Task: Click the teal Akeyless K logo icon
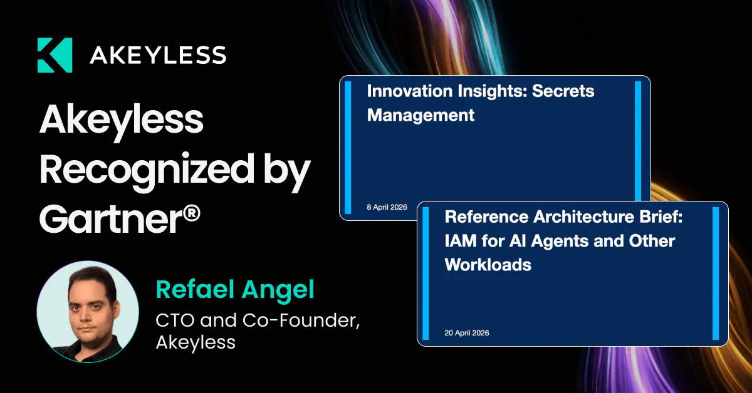(x=55, y=55)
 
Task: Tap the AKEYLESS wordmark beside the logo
(x=158, y=55)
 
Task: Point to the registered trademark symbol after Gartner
(x=192, y=213)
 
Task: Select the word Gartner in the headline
(x=111, y=219)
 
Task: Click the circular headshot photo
(x=88, y=312)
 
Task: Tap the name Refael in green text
(x=195, y=289)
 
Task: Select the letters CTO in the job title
(x=175, y=320)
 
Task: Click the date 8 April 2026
(x=387, y=207)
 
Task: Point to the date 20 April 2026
(x=467, y=333)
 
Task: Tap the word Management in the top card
(x=420, y=116)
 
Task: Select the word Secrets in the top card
(x=563, y=91)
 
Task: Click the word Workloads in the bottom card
(x=488, y=265)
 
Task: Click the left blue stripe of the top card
(x=348, y=147)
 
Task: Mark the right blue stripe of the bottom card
(x=716, y=273)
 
